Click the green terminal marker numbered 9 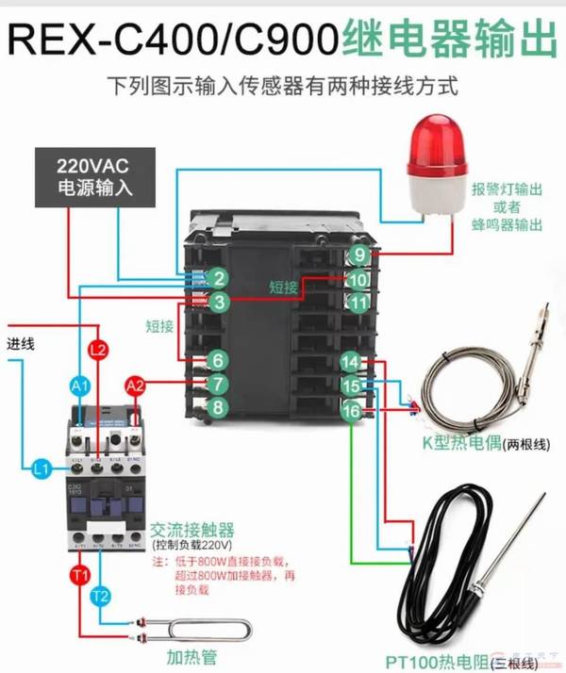click(359, 255)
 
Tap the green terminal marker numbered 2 click(218, 278)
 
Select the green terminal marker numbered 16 click(350, 411)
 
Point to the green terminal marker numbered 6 click(218, 360)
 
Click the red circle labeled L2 click(97, 350)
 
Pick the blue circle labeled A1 click(80, 386)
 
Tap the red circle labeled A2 click(136, 385)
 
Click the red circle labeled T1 click(79, 574)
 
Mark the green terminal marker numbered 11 click(358, 303)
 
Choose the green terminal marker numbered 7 click(218, 384)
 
